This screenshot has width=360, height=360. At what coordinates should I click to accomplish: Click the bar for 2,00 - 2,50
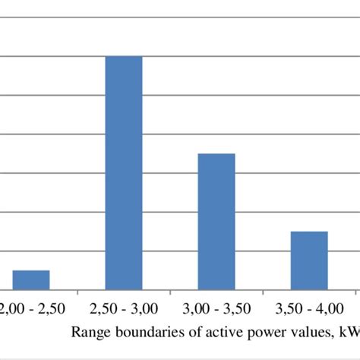coord(30,279)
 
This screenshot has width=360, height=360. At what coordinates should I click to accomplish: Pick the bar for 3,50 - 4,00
coord(309,261)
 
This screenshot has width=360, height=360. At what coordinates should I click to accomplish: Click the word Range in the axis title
coord(89,332)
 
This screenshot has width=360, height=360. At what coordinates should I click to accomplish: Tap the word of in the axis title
coord(184,332)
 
